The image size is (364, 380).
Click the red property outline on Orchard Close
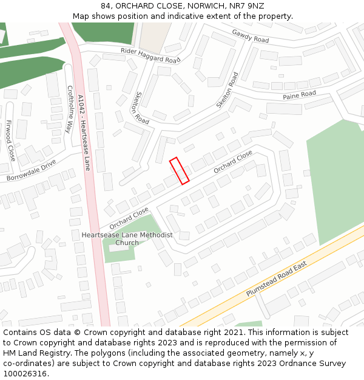point(179,170)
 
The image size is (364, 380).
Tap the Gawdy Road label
point(250,36)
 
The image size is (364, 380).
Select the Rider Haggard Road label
point(150,56)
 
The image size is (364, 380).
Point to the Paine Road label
point(299,95)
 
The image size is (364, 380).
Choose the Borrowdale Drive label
point(31,170)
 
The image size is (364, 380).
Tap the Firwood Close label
point(10,140)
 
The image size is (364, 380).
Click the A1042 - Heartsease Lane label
point(83,132)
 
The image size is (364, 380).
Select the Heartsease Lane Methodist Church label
point(127,238)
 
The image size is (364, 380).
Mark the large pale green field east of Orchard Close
point(334,182)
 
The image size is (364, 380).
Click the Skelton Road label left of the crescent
point(138,108)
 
